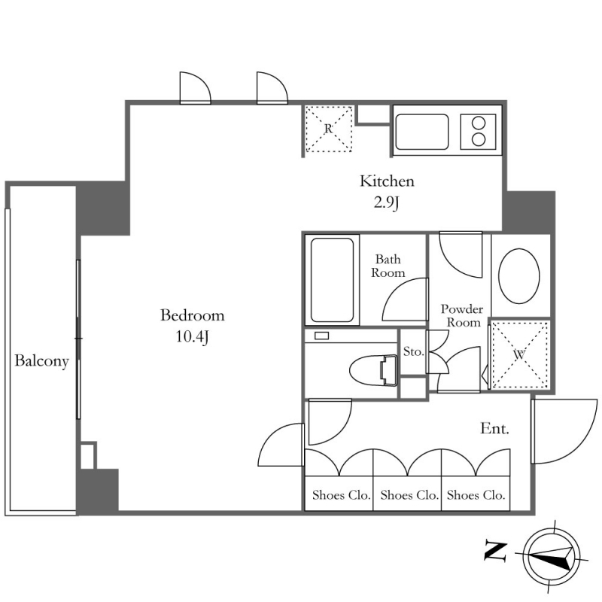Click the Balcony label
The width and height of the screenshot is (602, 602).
point(41,361)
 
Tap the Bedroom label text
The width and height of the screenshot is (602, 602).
point(193,315)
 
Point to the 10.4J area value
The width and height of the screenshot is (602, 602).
point(193,336)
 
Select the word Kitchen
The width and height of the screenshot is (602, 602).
point(387,181)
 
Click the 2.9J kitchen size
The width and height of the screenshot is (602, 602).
point(387,202)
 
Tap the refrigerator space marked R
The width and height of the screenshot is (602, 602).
point(329,129)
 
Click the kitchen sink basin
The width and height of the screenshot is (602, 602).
point(422,132)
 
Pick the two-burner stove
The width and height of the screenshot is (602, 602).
point(479,132)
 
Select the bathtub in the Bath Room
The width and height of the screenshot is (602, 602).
point(332,280)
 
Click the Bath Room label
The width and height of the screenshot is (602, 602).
point(388,266)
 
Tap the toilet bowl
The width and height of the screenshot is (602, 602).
point(373,370)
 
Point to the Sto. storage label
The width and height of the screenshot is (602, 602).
point(413,351)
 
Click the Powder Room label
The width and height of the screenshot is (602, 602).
point(462,315)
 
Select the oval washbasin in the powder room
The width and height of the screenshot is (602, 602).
point(519,276)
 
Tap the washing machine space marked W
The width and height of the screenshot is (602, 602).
point(520,354)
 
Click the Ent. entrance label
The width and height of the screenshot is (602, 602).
point(494,428)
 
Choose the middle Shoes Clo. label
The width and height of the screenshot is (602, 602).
point(409,495)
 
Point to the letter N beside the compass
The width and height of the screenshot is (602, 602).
point(496,551)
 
